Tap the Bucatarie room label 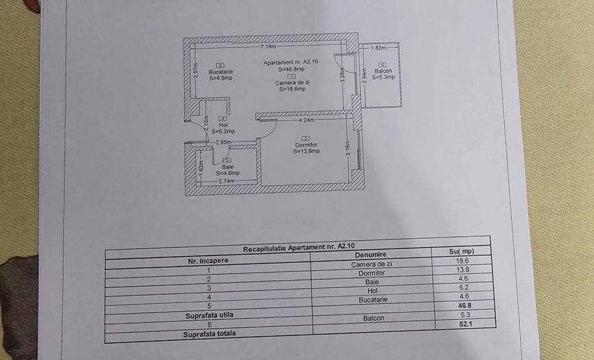click(220, 71)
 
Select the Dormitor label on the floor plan click(306, 145)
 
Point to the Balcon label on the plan click(383, 71)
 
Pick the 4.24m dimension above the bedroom click(306, 121)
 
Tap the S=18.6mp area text click(292, 89)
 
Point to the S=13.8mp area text click(306, 151)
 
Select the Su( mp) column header click(461, 251)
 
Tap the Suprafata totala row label click(209, 334)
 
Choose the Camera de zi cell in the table click(372, 264)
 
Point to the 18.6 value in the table click(461, 260)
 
